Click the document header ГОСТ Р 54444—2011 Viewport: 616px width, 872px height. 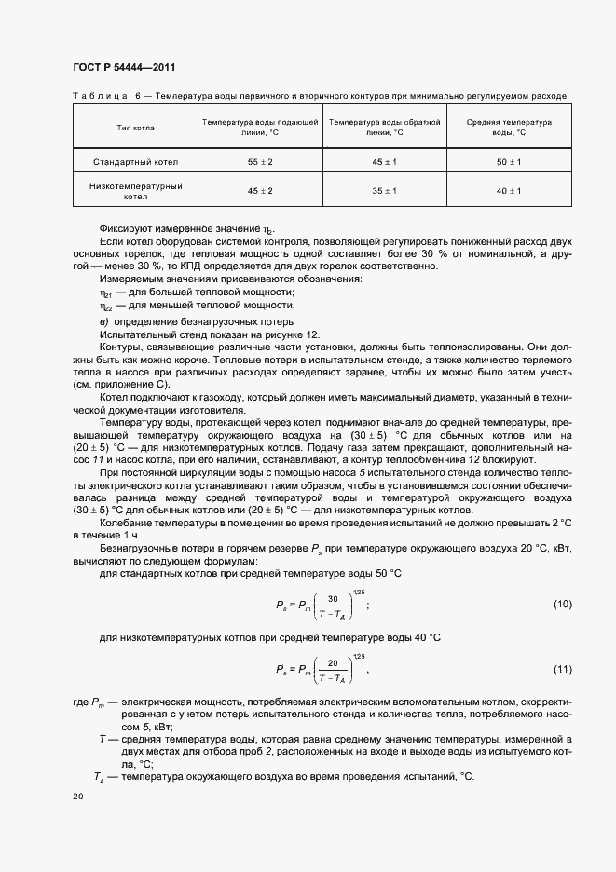coord(123,67)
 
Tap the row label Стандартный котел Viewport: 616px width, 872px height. coord(135,162)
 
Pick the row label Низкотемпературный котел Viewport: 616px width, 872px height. coord(135,191)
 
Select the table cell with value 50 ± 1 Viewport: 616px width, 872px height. coord(509,162)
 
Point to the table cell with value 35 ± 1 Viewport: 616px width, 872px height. coord(384,191)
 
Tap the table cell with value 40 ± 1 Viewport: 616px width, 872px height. coord(509,191)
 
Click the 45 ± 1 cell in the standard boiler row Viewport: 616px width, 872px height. coord(384,162)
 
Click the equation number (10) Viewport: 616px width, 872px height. coord(562,605)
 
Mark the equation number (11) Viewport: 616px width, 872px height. coord(562,669)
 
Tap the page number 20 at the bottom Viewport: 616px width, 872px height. coord(77,797)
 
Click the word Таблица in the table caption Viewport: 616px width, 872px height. coord(100,96)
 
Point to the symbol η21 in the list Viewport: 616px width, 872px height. coord(105,293)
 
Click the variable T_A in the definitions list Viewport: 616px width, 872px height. coord(99,776)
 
